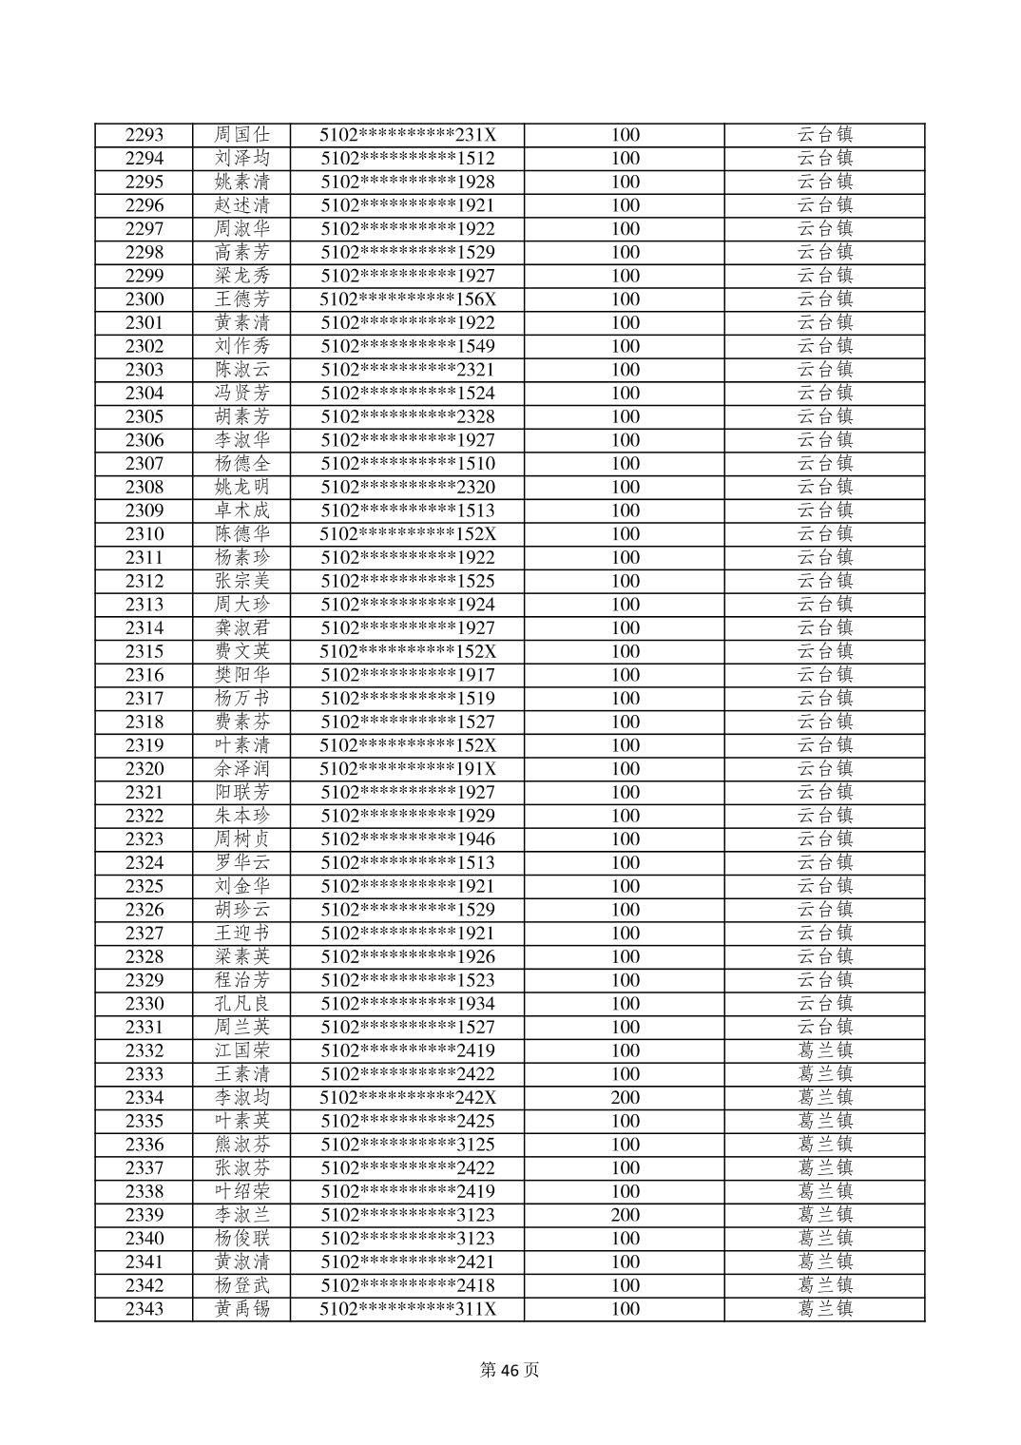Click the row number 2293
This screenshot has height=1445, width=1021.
[x=144, y=135]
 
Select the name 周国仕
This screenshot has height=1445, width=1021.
[x=241, y=135]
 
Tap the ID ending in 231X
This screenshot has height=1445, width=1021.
[x=408, y=135]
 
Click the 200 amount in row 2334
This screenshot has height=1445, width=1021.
[x=625, y=1098]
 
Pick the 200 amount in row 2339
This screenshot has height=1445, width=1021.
[x=625, y=1215]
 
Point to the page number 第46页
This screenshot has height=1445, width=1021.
[x=510, y=1370]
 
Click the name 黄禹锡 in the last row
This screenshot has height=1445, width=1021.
[x=241, y=1309]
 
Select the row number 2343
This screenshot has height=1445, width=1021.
[x=144, y=1309]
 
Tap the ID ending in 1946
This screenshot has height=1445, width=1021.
[x=408, y=839]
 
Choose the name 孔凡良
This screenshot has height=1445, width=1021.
[x=241, y=1004]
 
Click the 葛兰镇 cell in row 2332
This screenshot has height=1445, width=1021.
[x=824, y=1050]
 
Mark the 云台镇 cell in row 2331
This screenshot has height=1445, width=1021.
[x=824, y=1028]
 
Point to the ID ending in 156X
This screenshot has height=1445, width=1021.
[x=408, y=299]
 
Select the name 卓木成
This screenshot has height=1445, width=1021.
[x=241, y=511]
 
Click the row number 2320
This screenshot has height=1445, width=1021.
[x=144, y=769]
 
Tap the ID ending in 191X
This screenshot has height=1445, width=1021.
[x=408, y=769]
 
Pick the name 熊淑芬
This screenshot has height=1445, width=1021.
[x=241, y=1145]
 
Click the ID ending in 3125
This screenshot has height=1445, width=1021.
[x=408, y=1145]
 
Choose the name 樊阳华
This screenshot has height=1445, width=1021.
[x=241, y=675]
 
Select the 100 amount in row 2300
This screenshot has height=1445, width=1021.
[x=625, y=299]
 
